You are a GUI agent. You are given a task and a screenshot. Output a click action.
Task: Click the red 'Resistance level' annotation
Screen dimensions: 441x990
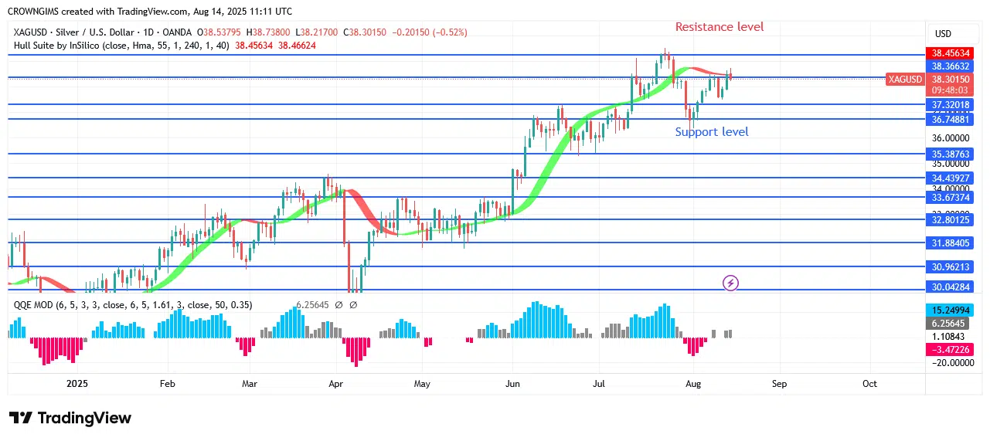[719, 27]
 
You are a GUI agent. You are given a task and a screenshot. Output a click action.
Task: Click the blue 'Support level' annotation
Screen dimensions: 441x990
[711, 132]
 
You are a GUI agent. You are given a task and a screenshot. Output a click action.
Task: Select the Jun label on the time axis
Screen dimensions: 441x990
[511, 383]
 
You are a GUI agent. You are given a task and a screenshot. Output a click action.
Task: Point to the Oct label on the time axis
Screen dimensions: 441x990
[869, 383]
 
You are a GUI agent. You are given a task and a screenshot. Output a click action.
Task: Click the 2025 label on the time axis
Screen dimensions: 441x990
[78, 383]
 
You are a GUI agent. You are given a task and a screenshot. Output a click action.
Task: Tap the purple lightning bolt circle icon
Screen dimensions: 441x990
[730, 283]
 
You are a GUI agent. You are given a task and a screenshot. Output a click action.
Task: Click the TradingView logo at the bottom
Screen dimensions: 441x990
[70, 418]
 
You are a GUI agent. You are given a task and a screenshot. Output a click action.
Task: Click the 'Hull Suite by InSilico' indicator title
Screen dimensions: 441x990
[68, 46]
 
